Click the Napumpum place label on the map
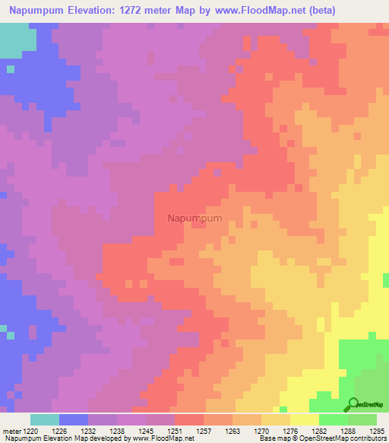pos(194,218)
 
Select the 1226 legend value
pos(59,430)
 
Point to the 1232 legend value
pos(88,430)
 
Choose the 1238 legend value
pos(117,430)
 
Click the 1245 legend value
pos(146,430)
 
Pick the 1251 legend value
pos(175,430)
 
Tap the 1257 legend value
pos(204,430)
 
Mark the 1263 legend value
pos(232,430)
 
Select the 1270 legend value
pos(261,430)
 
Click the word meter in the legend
pos(11,430)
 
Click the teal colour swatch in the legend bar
pos(45,419)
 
